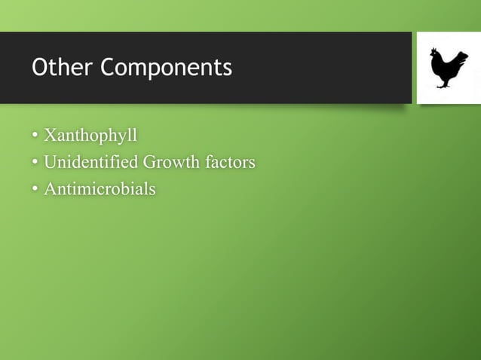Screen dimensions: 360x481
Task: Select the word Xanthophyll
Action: pyautogui.click(x=90, y=136)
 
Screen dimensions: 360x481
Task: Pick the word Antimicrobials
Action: pyautogui.click(x=100, y=188)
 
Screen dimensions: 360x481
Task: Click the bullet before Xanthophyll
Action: pyautogui.click(x=35, y=137)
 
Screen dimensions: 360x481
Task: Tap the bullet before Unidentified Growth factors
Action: pyautogui.click(x=35, y=163)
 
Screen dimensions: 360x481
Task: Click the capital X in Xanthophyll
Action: pyautogui.click(x=51, y=136)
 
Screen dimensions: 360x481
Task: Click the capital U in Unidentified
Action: pyautogui.click(x=51, y=162)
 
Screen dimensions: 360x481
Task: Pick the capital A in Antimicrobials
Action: pyautogui.click(x=51, y=188)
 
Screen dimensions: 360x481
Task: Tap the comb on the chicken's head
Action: pyautogui.click(x=434, y=50)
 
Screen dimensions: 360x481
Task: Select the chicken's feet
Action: pyautogui.click(x=445, y=86)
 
